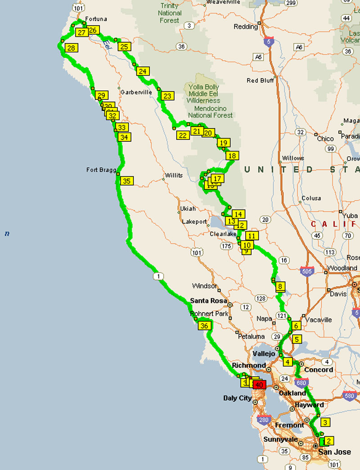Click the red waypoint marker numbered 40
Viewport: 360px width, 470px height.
(259, 385)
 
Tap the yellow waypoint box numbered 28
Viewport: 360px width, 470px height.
(71, 48)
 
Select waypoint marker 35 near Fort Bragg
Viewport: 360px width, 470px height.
(126, 181)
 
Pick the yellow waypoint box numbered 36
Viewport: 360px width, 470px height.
(205, 326)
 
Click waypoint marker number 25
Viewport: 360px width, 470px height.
(125, 46)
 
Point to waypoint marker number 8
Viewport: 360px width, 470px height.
(280, 286)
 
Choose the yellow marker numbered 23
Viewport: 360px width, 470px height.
(167, 96)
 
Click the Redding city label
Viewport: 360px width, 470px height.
(246, 27)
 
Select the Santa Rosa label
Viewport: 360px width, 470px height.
(208, 300)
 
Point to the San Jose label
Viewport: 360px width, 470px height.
(334, 452)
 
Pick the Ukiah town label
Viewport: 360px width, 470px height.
(187, 209)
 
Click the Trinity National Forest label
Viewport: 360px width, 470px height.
(170, 13)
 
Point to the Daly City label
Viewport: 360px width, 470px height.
(238, 398)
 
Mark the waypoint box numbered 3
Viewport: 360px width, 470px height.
(324, 422)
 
